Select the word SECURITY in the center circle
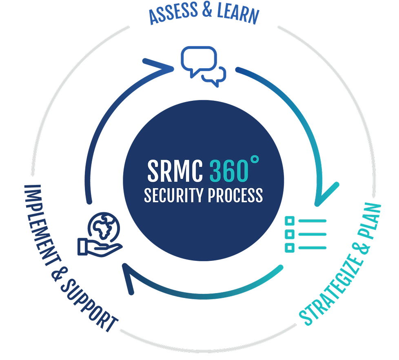pyautogui.click(x=174, y=195)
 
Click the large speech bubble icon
pyautogui.click(x=198, y=60)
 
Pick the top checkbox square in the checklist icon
pyautogui.click(x=290, y=221)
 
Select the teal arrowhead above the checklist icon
pyautogui.click(x=326, y=195)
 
